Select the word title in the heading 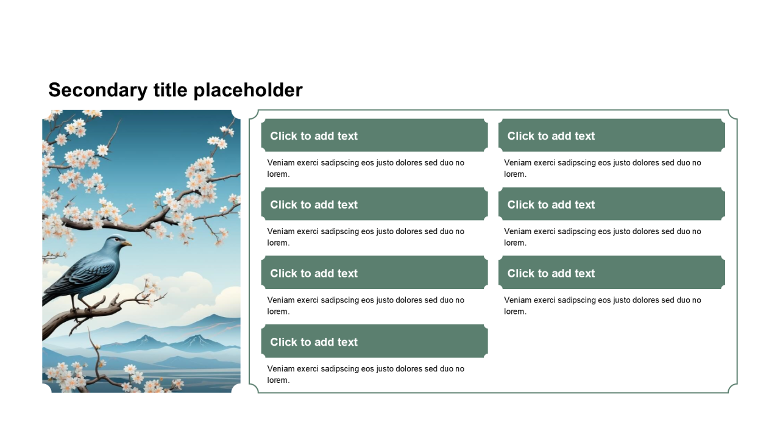170,90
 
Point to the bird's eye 117,239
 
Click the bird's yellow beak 127,243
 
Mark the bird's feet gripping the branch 82,309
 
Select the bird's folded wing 91,272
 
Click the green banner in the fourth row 374,341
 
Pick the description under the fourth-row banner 366,374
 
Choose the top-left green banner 374,135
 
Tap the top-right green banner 611,135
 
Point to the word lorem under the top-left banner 278,174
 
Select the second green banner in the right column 611,204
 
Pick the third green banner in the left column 374,273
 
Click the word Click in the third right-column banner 520,273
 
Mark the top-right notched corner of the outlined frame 732,115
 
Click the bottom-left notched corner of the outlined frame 253,388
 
